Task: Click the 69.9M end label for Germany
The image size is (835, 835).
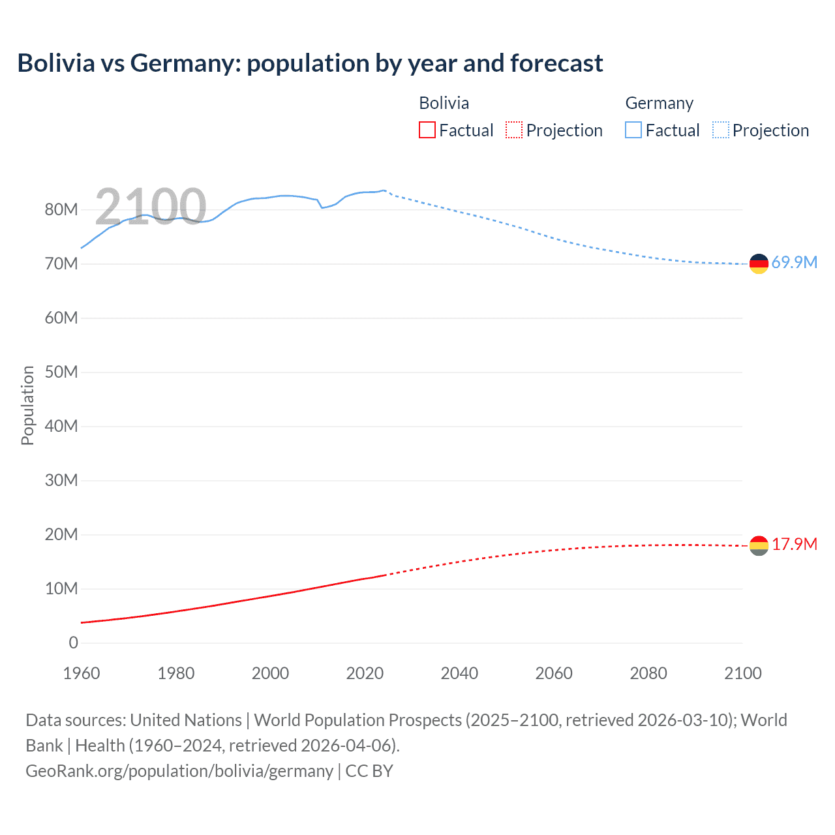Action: pyautogui.click(x=794, y=262)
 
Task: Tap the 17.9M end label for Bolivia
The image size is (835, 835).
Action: pyautogui.click(x=794, y=544)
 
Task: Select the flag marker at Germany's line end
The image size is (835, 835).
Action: pyautogui.click(x=759, y=264)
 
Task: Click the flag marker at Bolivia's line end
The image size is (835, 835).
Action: pyautogui.click(x=759, y=545)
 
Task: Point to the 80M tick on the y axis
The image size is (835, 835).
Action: pyautogui.click(x=61, y=209)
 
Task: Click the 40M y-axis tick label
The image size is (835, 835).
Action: pyautogui.click(x=61, y=426)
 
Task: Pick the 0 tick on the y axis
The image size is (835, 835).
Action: pyautogui.click(x=73, y=643)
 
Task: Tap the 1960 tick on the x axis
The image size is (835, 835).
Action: pyautogui.click(x=82, y=673)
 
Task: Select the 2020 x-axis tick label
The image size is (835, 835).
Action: pyautogui.click(x=365, y=673)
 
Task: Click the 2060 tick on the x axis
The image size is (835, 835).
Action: pyautogui.click(x=554, y=673)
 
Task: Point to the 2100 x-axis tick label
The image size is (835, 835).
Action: pyautogui.click(x=742, y=673)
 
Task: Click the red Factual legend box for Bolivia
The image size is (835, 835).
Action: pyautogui.click(x=427, y=130)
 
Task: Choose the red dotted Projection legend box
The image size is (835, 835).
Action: pyautogui.click(x=514, y=130)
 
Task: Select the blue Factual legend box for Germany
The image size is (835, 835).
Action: pyautogui.click(x=633, y=130)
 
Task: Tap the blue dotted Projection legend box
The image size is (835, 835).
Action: pyautogui.click(x=720, y=130)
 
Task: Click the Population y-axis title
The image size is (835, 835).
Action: pyautogui.click(x=27, y=405)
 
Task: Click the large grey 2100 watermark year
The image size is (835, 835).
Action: pyautogui.click(x=151, y=206)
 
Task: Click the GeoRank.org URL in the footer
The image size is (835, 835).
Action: pyautogui.click(x=179, y=770)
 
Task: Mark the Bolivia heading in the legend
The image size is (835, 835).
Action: pyautogui.click(x=444, y=103)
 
